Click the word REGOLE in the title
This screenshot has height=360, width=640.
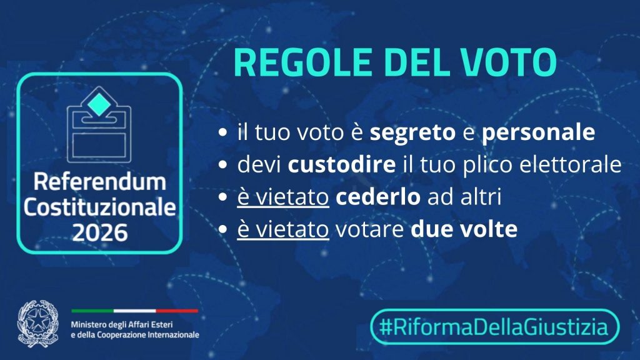point(302,62)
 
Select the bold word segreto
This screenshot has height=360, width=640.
point(412,132)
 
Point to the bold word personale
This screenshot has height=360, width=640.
point(538,132)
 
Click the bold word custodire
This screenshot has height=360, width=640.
point(342,164)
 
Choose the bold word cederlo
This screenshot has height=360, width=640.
point(378,197)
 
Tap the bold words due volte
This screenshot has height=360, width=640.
point(464,229)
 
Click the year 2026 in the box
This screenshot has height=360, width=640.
point(100,232)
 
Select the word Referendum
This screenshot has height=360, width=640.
point(100,182)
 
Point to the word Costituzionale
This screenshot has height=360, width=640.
point(100,207)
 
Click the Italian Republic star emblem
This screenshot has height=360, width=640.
point(38,324)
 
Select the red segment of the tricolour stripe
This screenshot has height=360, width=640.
point(177,311)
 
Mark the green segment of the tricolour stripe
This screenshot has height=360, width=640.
point(92,311)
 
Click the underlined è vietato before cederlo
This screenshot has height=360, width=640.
point(283,197)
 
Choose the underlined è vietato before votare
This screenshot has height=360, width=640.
point(283,229)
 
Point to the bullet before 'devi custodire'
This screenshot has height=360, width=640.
point(222,164)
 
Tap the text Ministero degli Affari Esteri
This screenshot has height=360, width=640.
point(122,325)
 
